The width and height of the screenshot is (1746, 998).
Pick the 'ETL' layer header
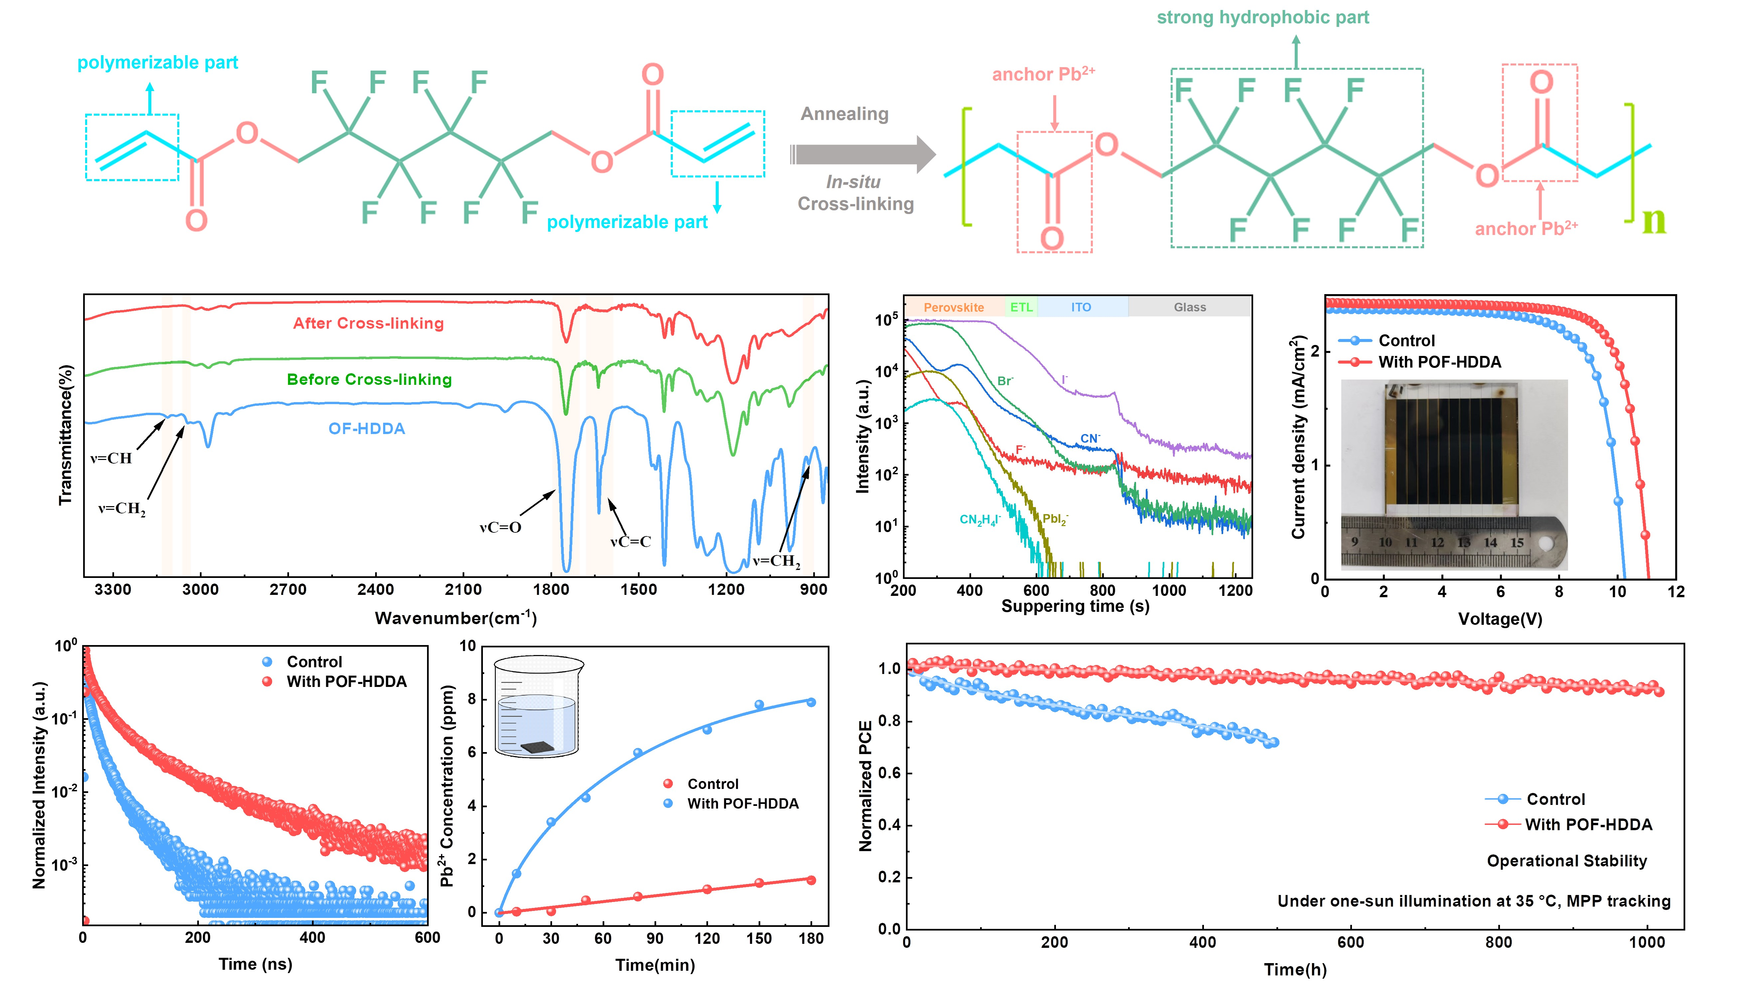1021,307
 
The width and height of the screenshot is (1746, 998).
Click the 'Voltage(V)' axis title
1500,619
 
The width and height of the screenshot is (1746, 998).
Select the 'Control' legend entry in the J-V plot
1406,341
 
